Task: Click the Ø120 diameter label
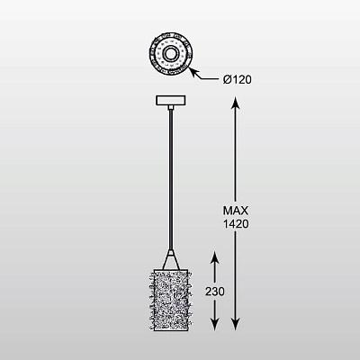[x=237, y=79]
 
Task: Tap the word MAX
[x=236, y=211]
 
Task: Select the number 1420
[x=236, y=224]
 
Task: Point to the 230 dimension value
[x=215, y=292]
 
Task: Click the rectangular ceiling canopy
[x=170, y=100]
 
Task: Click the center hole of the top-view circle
[x=171, y=54]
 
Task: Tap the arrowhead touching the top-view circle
[x=193, y=72]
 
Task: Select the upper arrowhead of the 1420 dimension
[x=236, y=103]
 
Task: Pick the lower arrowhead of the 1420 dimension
[x=236, y=324]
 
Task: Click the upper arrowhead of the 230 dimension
[x=214, y=258]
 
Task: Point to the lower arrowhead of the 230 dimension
[x=214, y=324]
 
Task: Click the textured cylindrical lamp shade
[x=171, y=300]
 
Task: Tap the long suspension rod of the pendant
[x=171, y=180]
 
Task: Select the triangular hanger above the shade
[x=171, y=262]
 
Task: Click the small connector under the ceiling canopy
[x=170, y=107]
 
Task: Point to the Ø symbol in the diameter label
[x=227, y=79]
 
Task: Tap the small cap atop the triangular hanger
[x=171, y=253]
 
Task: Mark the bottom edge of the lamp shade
[x=171, y=330]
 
